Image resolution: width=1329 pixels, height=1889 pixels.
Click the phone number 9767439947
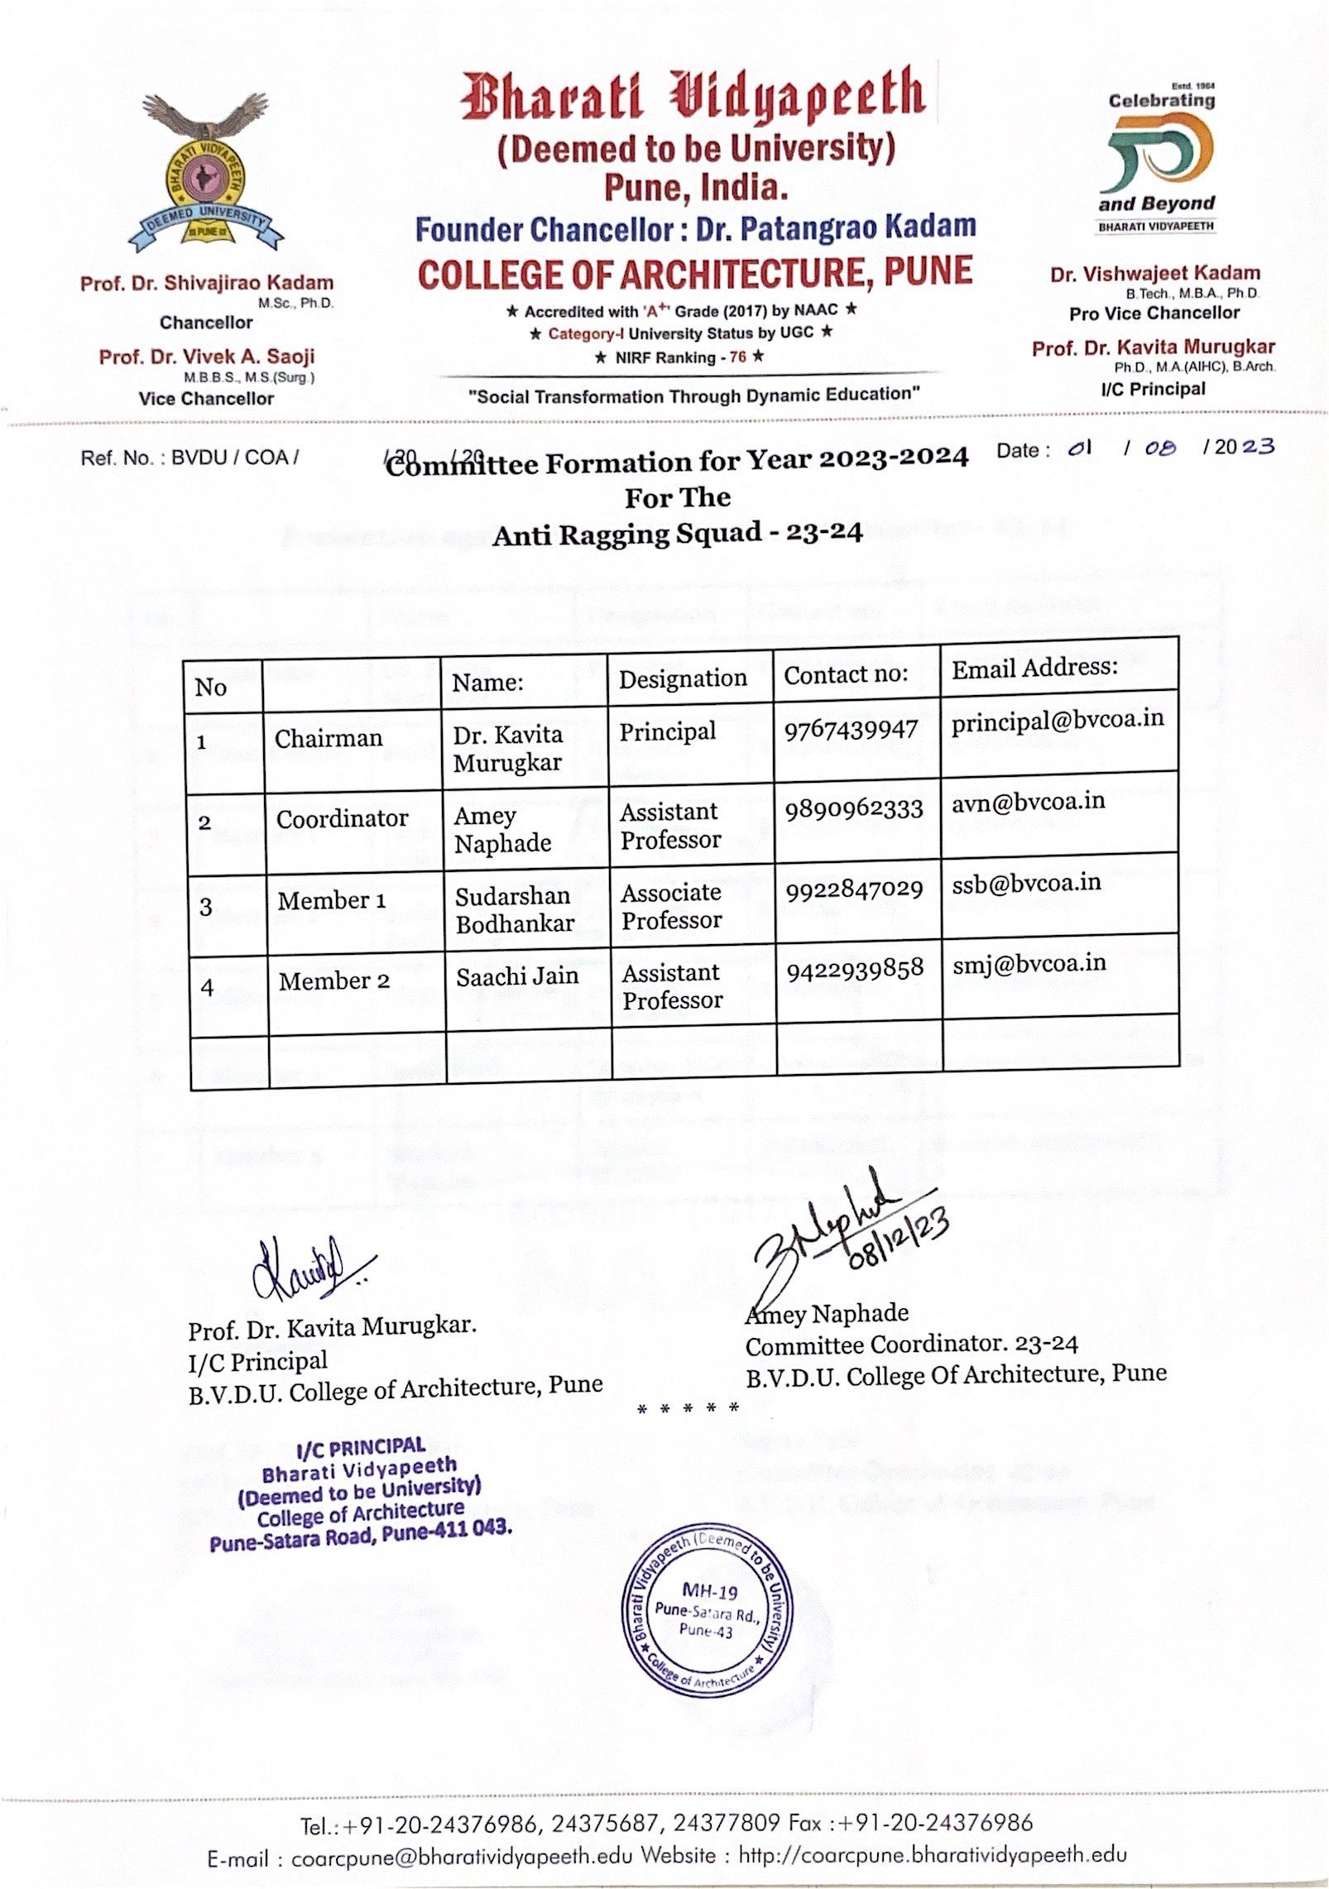tap(851, 729)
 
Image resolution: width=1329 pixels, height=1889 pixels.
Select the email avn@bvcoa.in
tap(1028, 802)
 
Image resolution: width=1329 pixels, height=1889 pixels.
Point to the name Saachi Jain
tap(517, 976)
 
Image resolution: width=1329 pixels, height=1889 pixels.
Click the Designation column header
tap(683, 678)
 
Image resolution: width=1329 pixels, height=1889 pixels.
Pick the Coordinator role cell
tap(342, 819)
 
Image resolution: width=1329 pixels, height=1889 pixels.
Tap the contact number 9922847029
tap(853, 889)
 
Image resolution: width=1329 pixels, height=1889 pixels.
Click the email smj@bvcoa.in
tap(1029, 963)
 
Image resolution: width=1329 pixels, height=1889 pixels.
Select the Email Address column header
tap(1034, 668)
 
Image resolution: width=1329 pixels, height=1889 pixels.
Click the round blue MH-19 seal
tap(708, 1611)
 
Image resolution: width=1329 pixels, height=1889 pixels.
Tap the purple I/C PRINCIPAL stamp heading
tap(360, 1447)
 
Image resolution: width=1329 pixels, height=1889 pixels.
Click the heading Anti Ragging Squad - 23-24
tap(677, 534)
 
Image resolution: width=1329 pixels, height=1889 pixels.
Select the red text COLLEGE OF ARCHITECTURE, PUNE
tap(694, 274)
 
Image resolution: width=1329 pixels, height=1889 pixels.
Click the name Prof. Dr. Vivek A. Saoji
tap(206, 357)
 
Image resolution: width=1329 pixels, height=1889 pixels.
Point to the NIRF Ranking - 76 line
tap(679, 357)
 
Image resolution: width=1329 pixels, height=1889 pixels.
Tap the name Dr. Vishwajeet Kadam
tap(1154, 274)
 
